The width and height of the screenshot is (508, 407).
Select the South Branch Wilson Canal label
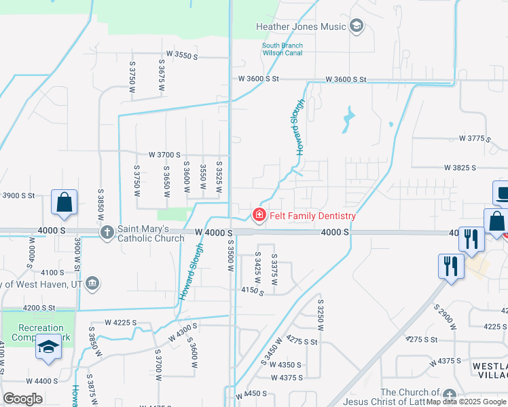(x=283, y=50)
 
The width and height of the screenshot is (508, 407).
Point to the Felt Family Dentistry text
(x=312, y=216)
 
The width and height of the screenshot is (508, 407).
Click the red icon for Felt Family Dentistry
(x=259, y=215)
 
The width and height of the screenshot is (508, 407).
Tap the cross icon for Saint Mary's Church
(x=107, y=233)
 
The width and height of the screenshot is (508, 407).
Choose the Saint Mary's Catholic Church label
(x=150, y=233)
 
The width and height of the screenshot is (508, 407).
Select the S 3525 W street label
(x=219, y=176)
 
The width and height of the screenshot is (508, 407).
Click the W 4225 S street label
(x=121, y=322)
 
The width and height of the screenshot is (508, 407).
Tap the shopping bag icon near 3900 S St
(x=64, y=202)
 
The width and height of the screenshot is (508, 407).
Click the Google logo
(x=22, y=399)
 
